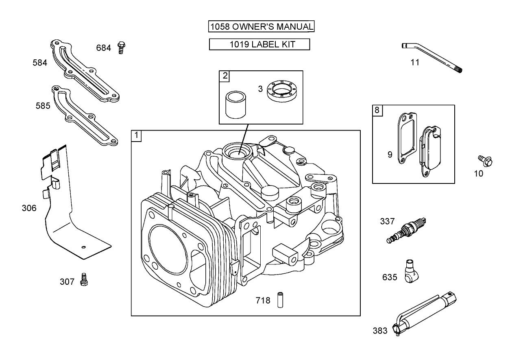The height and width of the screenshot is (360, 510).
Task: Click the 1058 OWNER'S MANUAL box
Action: click(261, 27)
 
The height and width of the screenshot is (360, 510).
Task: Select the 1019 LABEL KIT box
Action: click(259, 44)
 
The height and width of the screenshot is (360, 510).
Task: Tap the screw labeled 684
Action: click(120, 48)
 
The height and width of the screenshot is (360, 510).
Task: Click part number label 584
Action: click(40, 63)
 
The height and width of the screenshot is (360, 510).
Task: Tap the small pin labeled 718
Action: click(280, 300)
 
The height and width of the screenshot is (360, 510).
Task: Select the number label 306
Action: click(29, 208)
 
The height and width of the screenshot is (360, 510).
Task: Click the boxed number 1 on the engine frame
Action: click(136, 135)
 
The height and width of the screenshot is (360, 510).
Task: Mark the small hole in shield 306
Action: click(83, 247)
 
